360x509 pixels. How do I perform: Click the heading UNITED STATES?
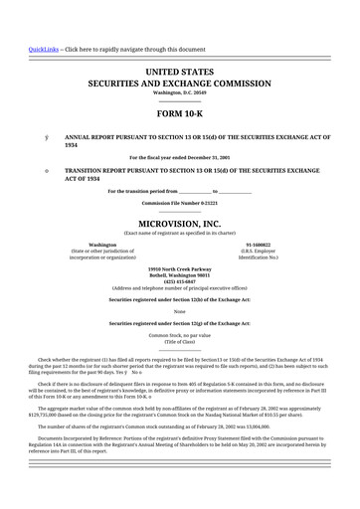[x=179, y=74]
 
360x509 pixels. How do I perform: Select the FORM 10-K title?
[x=179, y=114]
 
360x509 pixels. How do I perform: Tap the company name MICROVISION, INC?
[x=179, y=224]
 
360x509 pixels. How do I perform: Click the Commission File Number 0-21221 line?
[x=179, y=202]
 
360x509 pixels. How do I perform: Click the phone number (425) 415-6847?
[x=179, y=281]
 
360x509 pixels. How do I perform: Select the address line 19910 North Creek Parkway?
[x=179, y=269]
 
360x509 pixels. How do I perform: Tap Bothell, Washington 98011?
[x=179, y=275]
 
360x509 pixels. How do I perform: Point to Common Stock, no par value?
[x=179, y=336]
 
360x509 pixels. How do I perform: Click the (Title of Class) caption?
[x=179, y=342]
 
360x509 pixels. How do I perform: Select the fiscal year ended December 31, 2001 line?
[x=179, y=158]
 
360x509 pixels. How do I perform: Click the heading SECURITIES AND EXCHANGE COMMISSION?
[x=179, y=85]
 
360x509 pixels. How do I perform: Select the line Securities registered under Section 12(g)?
[x=179, y=324]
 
